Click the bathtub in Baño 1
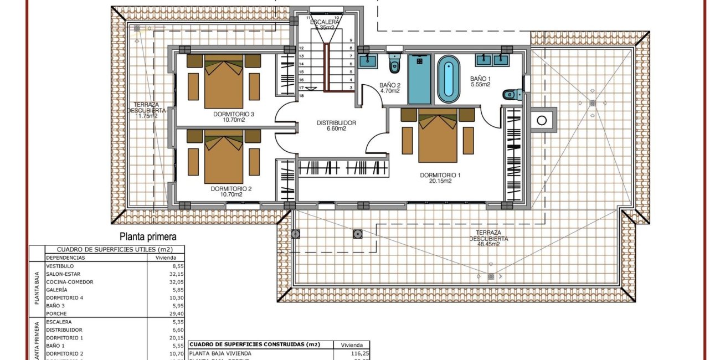pyautogui.click(x=449, y=81)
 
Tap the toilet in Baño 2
pyautogui.click(x=394, y=63)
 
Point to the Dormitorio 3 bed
pyautogui.click(x=224, y=82)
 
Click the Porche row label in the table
pyautogui.click(x=57, y=313)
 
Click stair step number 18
pyautogui.click(x=301, y=96)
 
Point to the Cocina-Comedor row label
pyautogui.click(x=70, y=282)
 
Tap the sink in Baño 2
pyautogui.click(x=367, y=60)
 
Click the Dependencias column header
pyautogui.click(x=66, y=258)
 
